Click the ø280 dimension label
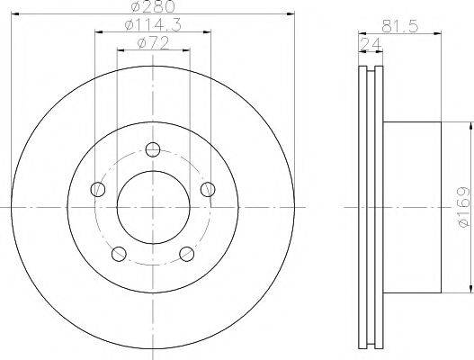pyautogui.click(x=153, y=7)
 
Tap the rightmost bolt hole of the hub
pyautogui.click(x=208, y=189)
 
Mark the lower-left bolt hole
pyautogui.click(x=119, y=253)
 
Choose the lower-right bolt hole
pyautogui.click(x=187, y=253)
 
